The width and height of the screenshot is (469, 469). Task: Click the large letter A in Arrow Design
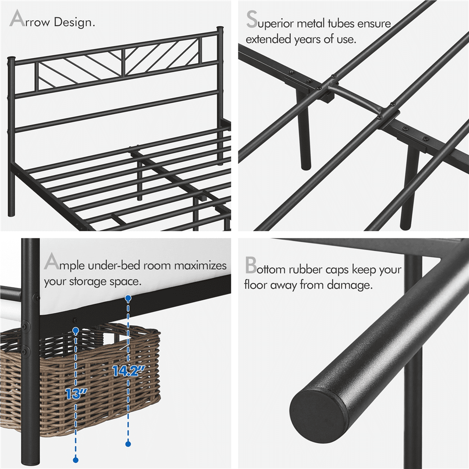[x=17, y=20]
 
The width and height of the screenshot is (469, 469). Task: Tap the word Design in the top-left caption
[x=75, y=22]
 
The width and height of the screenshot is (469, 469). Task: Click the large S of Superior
[x=251, y=21]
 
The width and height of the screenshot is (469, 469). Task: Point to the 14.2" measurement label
[x=128, y=371]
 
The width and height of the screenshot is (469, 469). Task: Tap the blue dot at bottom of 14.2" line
[x=128, y=443]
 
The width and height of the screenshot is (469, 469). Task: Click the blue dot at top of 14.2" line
[x=128, y=298]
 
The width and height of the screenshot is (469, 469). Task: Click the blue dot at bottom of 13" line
[x=75, y=460]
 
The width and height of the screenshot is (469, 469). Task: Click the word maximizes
[x=200, y=265]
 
